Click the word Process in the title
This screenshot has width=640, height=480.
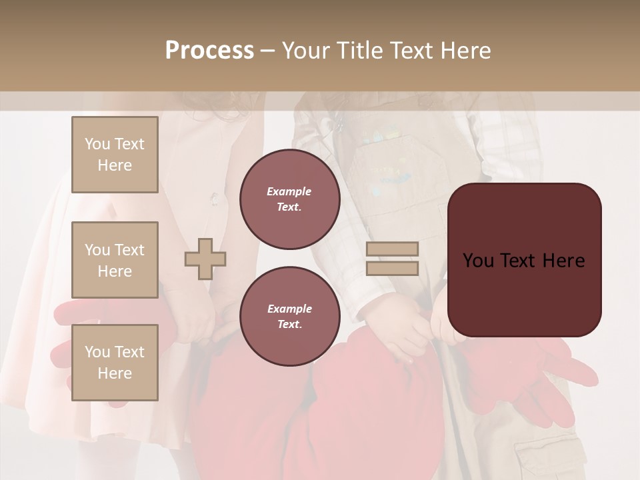pyautogui.click(x=209, y=50)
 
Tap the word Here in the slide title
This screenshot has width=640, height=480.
pyautogui.click(x=464, y=50)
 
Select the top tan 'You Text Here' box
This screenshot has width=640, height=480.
pyautogui.click(x=115, y=155)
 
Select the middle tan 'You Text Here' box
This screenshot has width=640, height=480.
pyautogui.click(x=115, y=260)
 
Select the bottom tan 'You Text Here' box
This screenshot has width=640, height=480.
pyautogui.click(x=115, y=363)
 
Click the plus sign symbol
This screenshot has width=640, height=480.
pyautogui.click(x=205, y=259)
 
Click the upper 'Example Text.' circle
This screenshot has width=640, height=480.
pyautogui.click(x=289, y=199)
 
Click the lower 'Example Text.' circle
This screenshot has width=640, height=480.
pyautogui.click(x=289, y=316)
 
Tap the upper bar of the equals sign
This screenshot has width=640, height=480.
pyautogui.click(x=392, y=249)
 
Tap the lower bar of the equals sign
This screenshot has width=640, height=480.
pyautogui.click(x=392, y=268)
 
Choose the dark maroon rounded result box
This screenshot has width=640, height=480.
pyautogui.click(x=524, y=293)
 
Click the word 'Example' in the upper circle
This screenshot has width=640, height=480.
pyautogui.click(x=289, y=191)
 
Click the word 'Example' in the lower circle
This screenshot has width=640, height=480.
pyautogui.click(x=289, y=309)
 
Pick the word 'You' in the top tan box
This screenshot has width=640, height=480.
pyautogui.click(x=97, y=144)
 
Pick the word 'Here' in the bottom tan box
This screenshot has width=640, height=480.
pyautogui.click(x=115, y=373)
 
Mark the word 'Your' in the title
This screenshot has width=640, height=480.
pyautogui.click(x=306, y=50)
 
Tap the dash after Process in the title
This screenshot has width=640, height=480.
pyautogui.click(x=267, y=51)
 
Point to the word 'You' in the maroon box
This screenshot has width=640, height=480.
pyautogui.click(x=479, y=260)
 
